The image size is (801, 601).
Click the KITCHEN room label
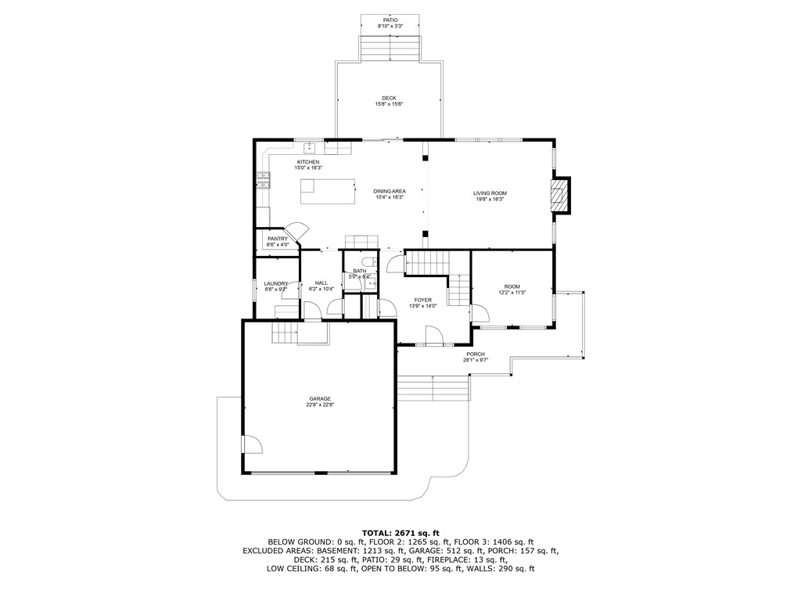[307, 162]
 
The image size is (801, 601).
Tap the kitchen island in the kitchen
[326, 191]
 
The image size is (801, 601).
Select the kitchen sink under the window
[310, 146]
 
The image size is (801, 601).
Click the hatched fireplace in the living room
[559, 195]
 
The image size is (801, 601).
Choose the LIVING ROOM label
[490, 193]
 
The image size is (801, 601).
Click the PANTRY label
[278, 239]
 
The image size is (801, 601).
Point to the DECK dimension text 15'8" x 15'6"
[389, 104]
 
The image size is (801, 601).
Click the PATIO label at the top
[390, 20]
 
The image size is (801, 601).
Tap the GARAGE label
[319, 398]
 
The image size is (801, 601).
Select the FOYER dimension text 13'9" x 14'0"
[422, 306]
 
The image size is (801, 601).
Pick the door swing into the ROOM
[480, 315]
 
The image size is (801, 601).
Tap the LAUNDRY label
[276, 283]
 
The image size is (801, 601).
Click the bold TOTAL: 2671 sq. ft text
[400, 532]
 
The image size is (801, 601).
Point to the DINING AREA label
[389, 192]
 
